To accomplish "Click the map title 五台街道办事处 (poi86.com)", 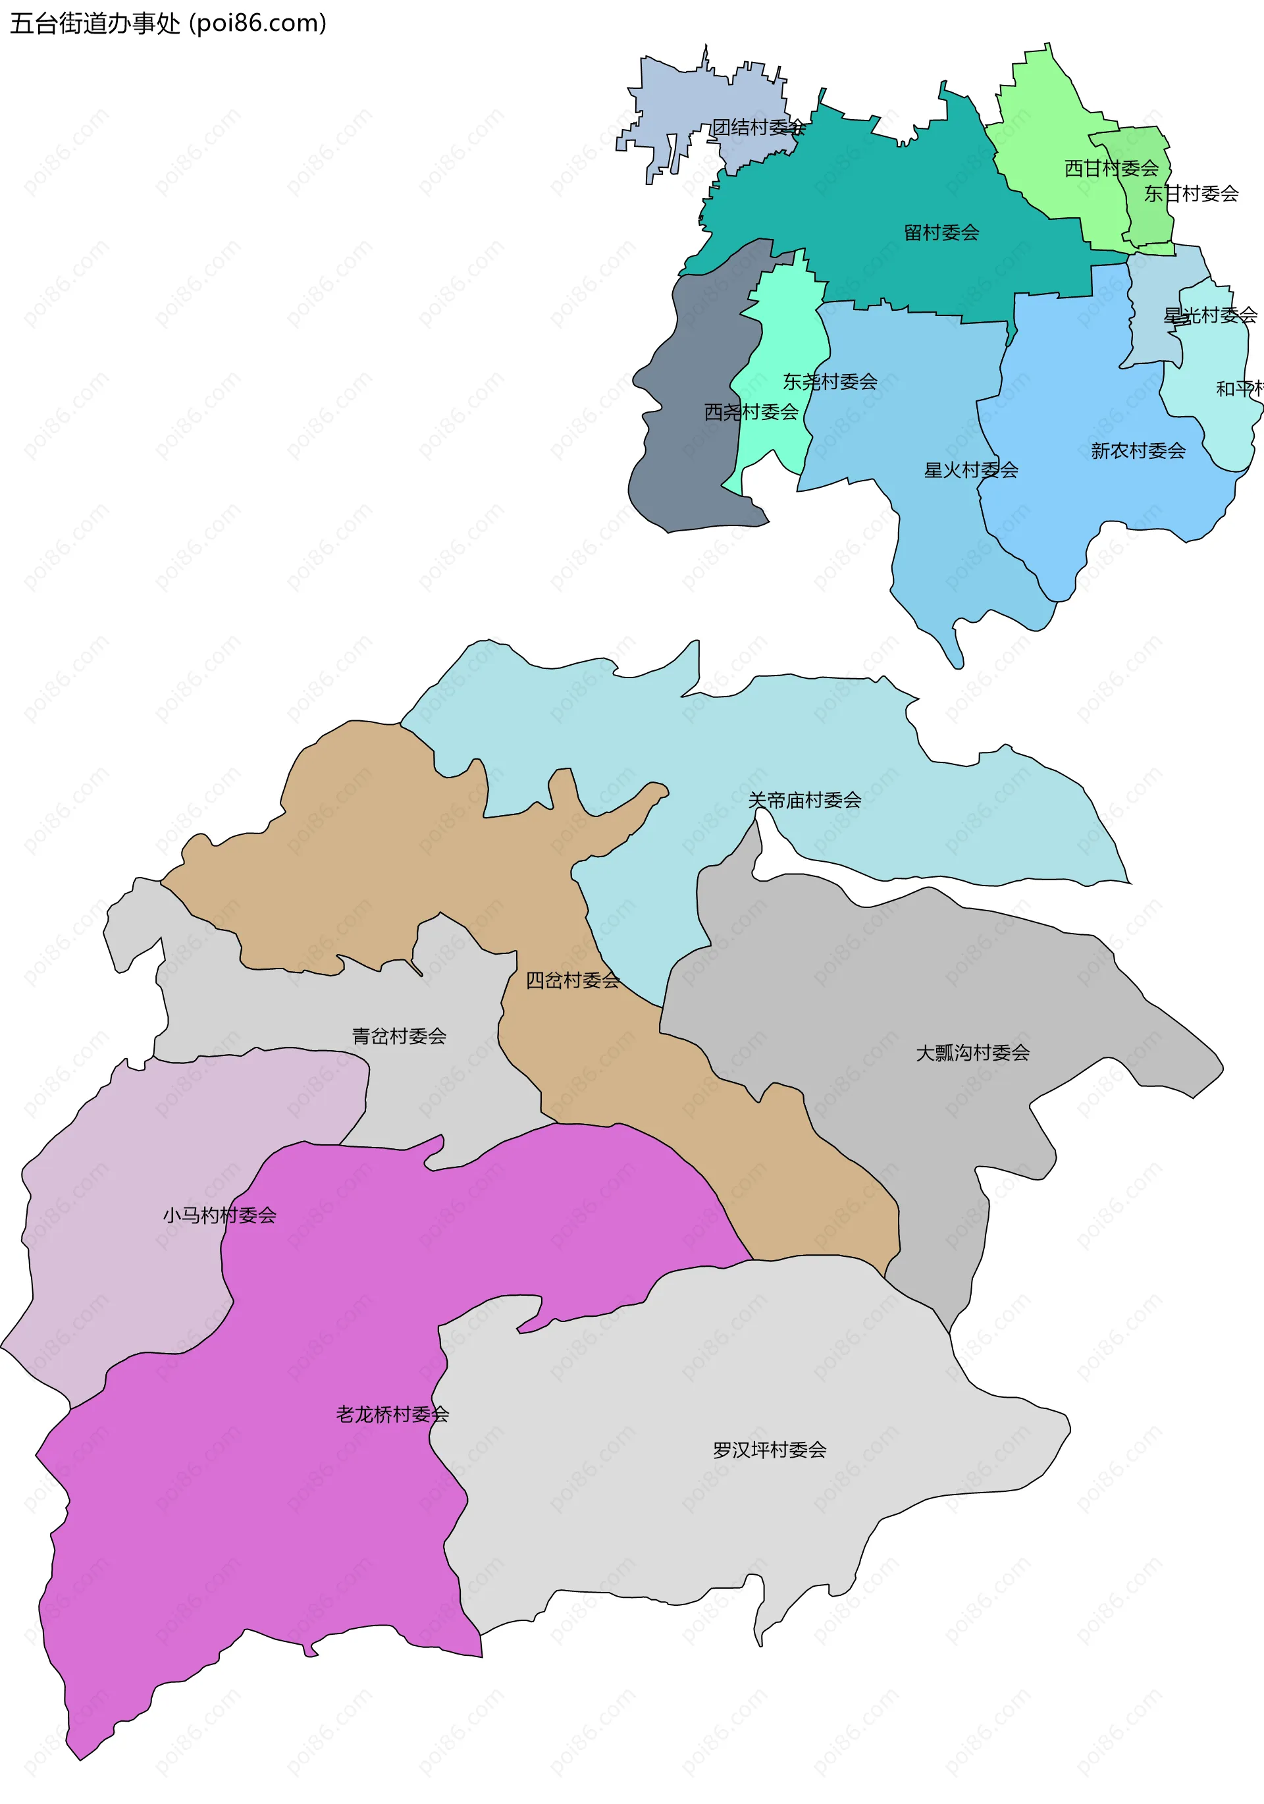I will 168,24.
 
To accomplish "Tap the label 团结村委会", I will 758,127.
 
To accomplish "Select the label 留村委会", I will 941,232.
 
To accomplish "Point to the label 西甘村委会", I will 1111,168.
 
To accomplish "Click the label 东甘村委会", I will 1191,194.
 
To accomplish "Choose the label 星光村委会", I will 1210,315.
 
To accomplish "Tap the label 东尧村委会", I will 829,382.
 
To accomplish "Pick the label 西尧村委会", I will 751,411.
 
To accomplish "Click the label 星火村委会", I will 971,470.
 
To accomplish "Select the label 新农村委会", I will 1138,451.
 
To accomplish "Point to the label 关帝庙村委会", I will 804,800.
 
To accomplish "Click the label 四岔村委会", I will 573,980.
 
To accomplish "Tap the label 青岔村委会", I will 399,1036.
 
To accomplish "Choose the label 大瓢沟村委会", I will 972,1052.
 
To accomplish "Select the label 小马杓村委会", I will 220,1215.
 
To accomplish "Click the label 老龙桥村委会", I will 392,1414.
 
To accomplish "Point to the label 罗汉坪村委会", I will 769,1450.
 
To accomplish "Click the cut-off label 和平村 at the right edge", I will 1240,388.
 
